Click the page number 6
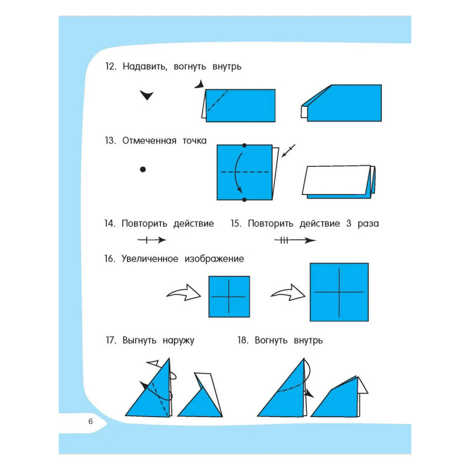(90, 421)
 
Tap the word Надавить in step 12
(145, 66)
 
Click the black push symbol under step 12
(146, 95)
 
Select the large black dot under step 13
(143, 169)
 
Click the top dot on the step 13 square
(244, 145)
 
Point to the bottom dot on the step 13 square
(244, 200)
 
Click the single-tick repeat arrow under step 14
(152, 240)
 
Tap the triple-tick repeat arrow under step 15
(295, 240)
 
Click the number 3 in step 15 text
(348, 224)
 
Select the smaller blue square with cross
(229, 297)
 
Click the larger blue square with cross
(339, 292)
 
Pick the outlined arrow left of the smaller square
(184, 292)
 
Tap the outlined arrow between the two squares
(288, 292)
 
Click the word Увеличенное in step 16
(150, 258)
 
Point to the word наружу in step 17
(179, 341)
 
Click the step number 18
(243, 340)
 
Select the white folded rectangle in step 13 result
(336, 180)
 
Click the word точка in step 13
(194, 140)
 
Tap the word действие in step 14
(194, 224)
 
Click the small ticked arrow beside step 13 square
(288, 151)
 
